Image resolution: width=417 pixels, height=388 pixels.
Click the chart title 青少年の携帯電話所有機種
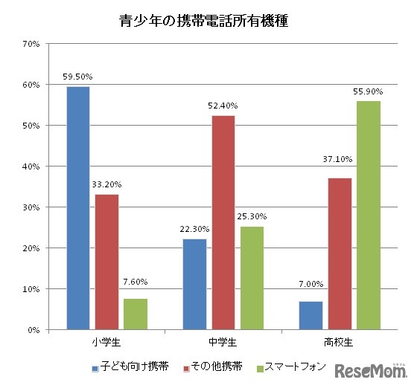coord(203,21)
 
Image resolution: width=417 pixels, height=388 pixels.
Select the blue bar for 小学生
coord(78,208)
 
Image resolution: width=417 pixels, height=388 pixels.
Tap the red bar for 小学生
coord(106,262)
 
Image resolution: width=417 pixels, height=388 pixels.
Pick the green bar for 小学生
coord(136,314)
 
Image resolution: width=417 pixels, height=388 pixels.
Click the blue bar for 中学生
coord(194,284)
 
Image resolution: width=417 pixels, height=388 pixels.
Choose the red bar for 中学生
coord(223,222)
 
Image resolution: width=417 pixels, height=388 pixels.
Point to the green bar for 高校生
coord(368,216)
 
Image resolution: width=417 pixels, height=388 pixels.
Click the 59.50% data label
coord(78,76)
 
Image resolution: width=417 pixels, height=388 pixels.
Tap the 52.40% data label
coord(223,105)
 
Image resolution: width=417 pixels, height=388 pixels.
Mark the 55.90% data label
coord(368,91)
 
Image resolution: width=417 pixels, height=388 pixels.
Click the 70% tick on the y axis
coord(31,44)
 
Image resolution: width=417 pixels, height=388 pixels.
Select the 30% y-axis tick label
coord(31,207)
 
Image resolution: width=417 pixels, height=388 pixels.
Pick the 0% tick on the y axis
coord(34,330)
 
